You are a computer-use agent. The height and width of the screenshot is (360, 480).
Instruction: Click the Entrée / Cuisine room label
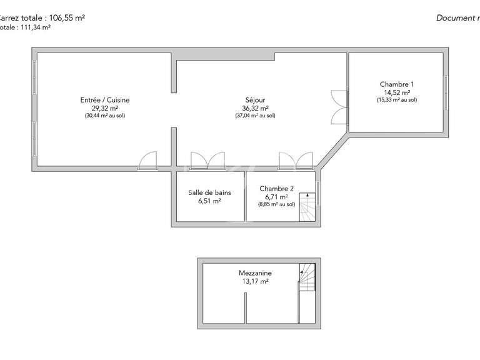tap(105, 100)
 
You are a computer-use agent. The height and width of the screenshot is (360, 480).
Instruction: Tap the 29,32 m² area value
tap(105, 107)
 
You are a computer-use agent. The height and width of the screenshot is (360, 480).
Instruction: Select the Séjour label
tap(255, 100)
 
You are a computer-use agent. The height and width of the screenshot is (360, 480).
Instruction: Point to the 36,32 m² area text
tap(255, 107)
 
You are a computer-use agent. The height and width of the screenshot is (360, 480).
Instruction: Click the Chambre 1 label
tap(397, 84)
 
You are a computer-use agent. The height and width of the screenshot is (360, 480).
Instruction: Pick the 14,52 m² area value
tap(397, 92)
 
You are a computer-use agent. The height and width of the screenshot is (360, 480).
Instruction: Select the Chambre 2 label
tap(276, 189)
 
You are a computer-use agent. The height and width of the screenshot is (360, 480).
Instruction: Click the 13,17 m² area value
tap(255, 281)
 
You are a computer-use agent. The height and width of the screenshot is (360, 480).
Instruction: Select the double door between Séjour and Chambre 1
tap(338, 108)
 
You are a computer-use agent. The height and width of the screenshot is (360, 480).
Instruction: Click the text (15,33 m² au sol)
tap(397, 100)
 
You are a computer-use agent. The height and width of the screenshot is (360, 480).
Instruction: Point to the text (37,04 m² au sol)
tap(255, 116)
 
